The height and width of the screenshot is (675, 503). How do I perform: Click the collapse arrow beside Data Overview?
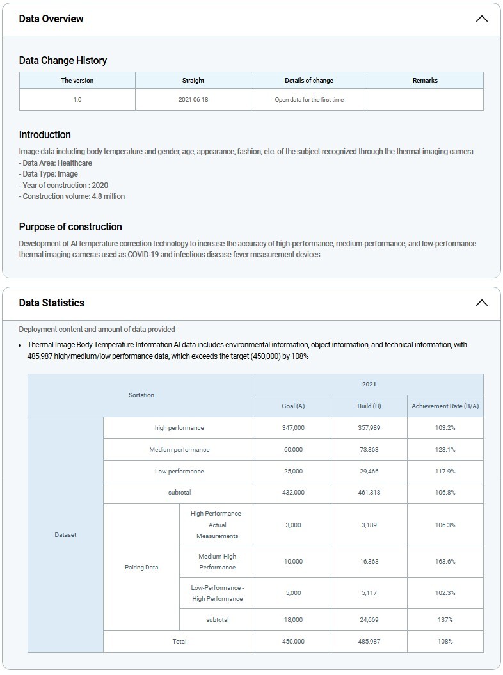tap(482, 19)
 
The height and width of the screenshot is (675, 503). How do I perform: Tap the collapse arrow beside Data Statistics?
tap(482, 303)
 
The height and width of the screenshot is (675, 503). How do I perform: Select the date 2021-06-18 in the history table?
tap(193, 100)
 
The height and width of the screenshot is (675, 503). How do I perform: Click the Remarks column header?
tap(425, 81)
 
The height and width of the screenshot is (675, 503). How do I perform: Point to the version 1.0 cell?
tap(77, 100)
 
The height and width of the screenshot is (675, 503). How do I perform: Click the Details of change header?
tap(309, 81)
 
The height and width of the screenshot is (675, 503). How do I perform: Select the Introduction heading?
tap(45, 134)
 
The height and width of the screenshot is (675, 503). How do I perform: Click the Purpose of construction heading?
tap(70, 226)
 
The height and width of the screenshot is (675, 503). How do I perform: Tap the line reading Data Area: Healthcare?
tap(56, 163)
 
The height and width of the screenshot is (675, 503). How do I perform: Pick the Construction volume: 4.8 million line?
tap(72, 196)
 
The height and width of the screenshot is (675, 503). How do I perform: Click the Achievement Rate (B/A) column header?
tap(445, 406)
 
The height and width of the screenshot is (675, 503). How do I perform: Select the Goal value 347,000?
tap(293, 428)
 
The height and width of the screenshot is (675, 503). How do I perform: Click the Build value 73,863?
tap(369, 450)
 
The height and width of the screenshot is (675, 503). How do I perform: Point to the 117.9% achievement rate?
tap(445, 472)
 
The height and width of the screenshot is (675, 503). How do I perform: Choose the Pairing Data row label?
tap(141, 567)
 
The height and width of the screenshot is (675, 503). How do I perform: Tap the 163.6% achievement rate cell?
tap(445, 562)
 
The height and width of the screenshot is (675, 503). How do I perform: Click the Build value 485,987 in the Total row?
tap(369, 641)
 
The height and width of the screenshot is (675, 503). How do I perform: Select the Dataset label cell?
tap(65, 535)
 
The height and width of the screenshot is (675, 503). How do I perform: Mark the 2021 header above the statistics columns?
tap(369, 385)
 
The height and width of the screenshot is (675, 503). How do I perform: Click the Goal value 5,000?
tap(293, 593)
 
